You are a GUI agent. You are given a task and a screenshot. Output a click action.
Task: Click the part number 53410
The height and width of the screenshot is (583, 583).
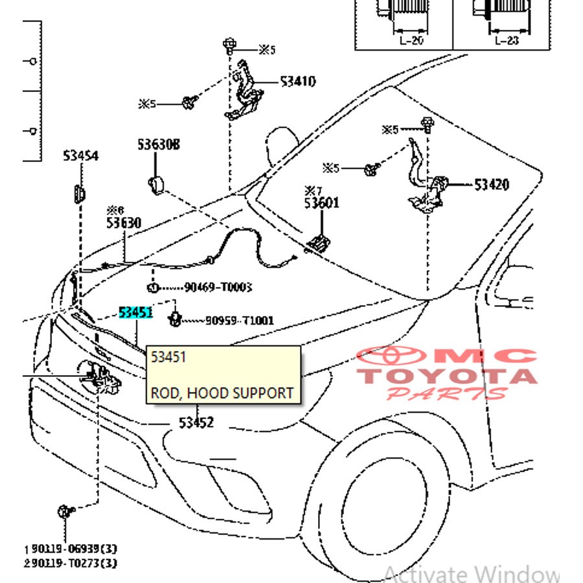click(298, 82)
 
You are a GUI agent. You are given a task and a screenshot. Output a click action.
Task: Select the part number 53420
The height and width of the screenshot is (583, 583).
click(492, 185)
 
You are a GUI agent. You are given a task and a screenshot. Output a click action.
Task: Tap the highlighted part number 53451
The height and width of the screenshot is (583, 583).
click(135, 313)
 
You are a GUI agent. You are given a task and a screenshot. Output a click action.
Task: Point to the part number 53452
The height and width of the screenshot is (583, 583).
click(196, 423)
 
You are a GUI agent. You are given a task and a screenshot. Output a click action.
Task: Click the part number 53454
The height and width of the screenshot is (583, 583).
click(81, 156)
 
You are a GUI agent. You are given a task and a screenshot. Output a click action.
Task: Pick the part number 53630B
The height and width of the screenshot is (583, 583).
click(158, 144)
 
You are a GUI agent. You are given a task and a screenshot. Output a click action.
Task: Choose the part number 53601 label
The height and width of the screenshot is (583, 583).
click(323, 203)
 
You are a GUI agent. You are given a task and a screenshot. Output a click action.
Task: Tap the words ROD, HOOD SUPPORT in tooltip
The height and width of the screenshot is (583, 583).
click(222, 393)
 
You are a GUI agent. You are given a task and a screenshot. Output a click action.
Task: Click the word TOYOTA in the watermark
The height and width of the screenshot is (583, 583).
click(447, 376)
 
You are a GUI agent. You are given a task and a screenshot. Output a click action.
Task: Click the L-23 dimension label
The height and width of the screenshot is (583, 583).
click(507, 40)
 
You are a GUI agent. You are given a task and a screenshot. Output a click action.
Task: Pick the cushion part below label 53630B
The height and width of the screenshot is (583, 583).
click(156, 184)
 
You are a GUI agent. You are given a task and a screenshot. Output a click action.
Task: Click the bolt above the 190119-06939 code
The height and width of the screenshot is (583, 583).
click(64, 512)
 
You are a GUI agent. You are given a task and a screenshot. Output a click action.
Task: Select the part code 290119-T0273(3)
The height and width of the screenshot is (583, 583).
click(63, 564)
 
